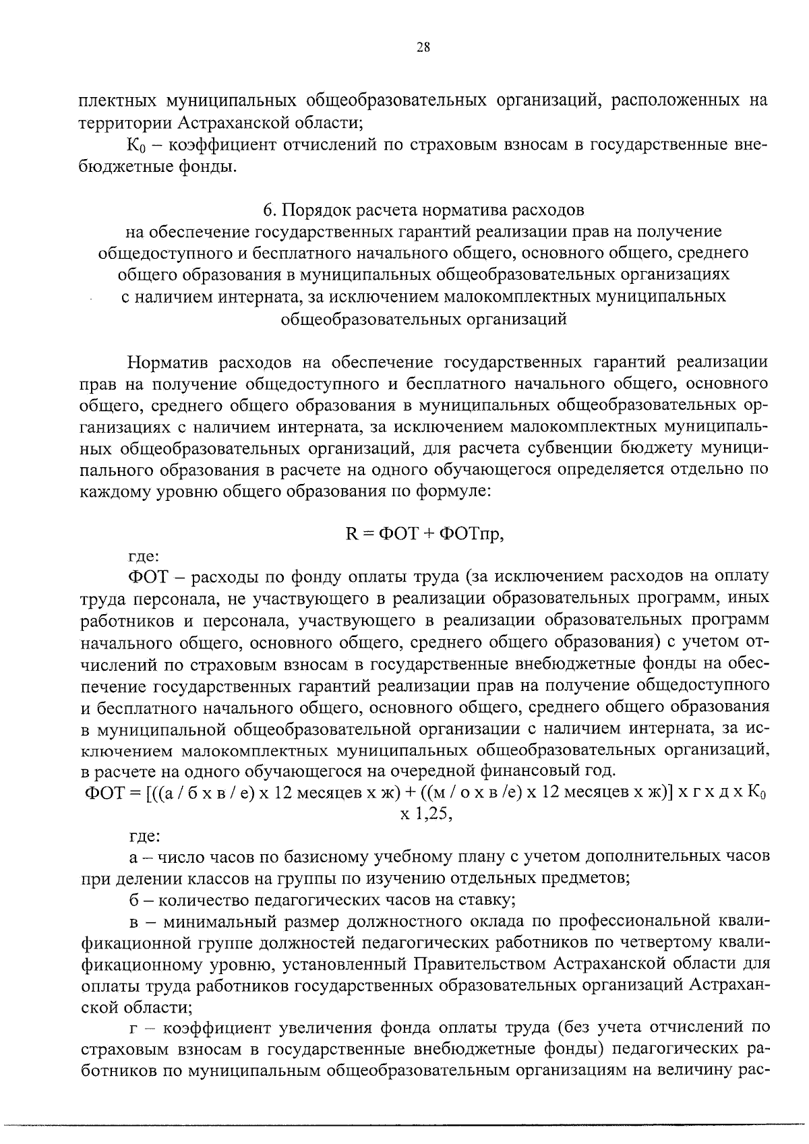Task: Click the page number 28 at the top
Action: point(423,47)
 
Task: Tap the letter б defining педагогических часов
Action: point(133,900)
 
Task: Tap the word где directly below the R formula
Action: point(144,557)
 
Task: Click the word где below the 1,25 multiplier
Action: point(144,837)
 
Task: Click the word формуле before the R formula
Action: point(458,493)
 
